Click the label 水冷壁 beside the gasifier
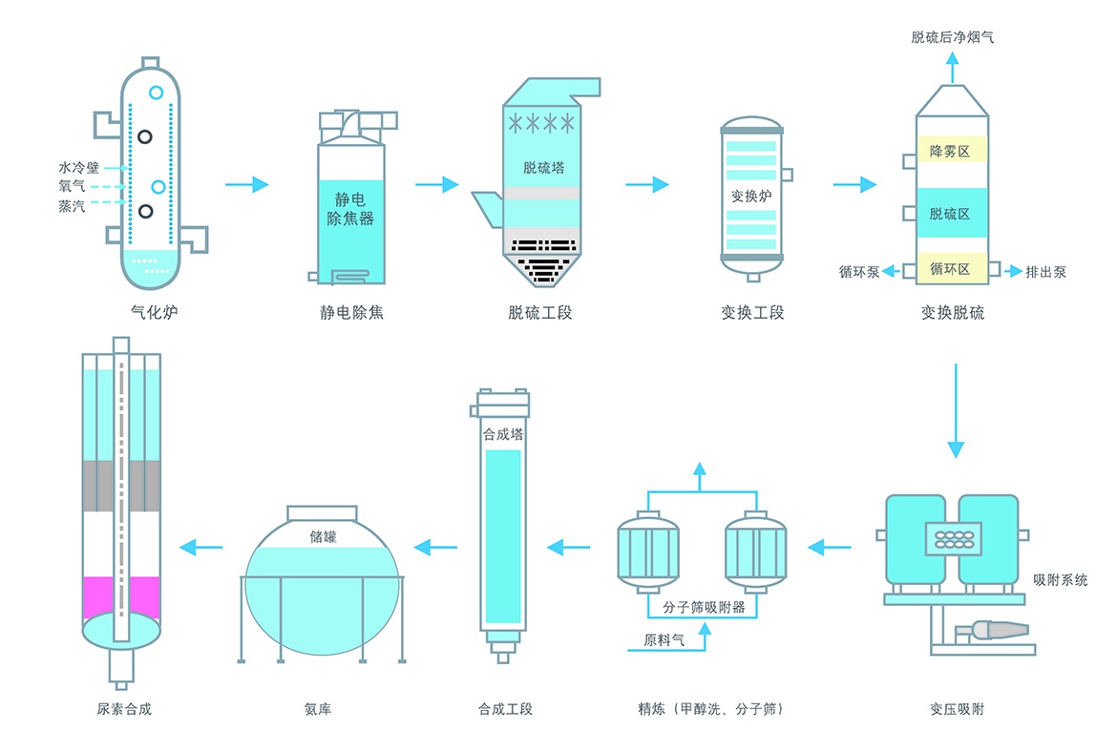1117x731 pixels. point(78,167)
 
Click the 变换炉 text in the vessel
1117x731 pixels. point(750,198)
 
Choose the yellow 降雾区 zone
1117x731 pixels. point(949,151)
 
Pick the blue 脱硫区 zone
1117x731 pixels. point(949,214)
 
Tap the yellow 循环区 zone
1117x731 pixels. point(949,270)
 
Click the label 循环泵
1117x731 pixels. point(859,272)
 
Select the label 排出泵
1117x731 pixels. point(1045,272)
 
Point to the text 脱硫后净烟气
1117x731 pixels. point(953,37)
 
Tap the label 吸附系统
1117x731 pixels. point(1060,579)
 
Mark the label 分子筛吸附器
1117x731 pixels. point(703,606)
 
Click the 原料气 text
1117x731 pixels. point(664,639)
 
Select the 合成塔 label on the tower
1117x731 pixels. point(503,433)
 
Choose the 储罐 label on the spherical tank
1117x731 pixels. point(323,536)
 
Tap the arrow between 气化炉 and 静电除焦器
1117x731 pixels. point(247,184)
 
